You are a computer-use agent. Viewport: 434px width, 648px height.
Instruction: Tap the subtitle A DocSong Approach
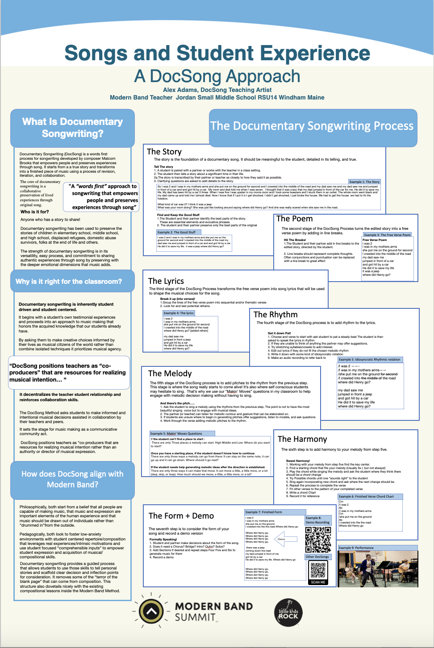(217, 76)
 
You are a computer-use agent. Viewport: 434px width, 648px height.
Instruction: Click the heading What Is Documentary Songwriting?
(72, 128)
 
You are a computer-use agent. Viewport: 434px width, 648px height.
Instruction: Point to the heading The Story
(164, 152)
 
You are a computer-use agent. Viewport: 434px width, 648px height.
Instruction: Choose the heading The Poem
(294, 219)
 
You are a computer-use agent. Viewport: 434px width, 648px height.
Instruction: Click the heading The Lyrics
(166, 281)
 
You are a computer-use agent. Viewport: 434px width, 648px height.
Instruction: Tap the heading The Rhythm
(275, 315)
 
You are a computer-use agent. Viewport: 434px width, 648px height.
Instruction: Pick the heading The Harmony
(302, 439)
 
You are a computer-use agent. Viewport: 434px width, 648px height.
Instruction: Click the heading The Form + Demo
(181, 516)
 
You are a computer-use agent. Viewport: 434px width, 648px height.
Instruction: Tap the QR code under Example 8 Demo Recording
(318, 540)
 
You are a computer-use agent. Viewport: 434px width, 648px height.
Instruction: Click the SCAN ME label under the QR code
(318, 582)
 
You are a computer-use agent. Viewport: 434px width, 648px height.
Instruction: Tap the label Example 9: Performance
(356, 548)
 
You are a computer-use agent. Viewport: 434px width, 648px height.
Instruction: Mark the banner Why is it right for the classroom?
(68, 282)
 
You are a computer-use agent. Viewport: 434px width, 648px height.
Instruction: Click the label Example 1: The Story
(364, 182)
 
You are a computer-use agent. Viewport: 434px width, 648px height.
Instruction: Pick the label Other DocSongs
(317, 557)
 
